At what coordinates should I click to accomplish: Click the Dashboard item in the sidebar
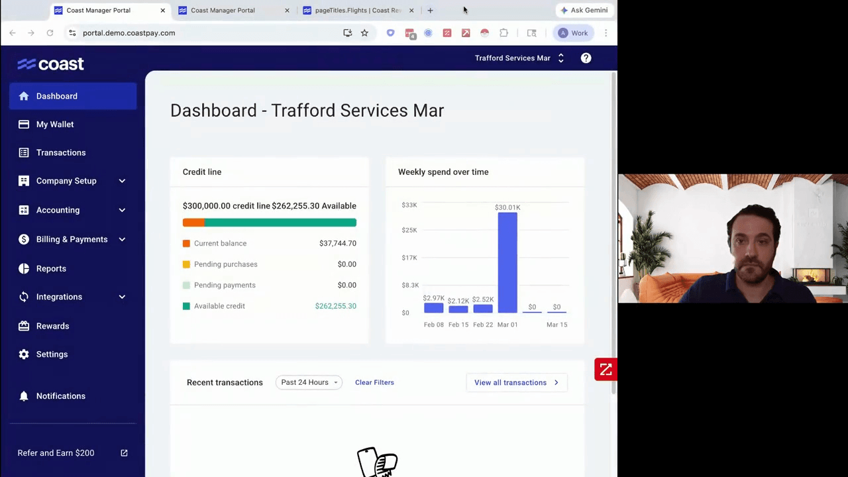[x=57, y=96]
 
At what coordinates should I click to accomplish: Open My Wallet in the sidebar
[x=55, y=125]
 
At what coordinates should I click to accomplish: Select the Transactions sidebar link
[x=61, y=152]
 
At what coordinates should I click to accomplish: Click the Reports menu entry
[x=51, y=268]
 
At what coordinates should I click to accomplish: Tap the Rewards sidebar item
[x=52, y=326]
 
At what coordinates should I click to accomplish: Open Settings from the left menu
[x=52, y=354]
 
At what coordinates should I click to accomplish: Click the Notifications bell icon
[x=24, y=396]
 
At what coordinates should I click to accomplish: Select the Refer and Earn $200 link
[x=56, y=453]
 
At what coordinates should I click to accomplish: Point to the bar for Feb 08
[x=434, y=308]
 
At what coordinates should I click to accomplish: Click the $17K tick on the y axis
[x=409, y=258]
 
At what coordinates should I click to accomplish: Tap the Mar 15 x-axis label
[x=556, y=325]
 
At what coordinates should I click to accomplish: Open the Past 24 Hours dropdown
[x=309, y=382]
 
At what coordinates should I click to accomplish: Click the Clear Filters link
[x=374, y=382]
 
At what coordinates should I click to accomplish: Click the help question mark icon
[x=586, y=58]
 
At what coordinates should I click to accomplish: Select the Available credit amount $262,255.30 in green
[x=335, y=306]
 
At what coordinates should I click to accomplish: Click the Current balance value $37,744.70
[x=337, y=243]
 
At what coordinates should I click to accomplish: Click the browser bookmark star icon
[x=364, y=33]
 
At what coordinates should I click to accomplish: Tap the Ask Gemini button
[x=584, y=11]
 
